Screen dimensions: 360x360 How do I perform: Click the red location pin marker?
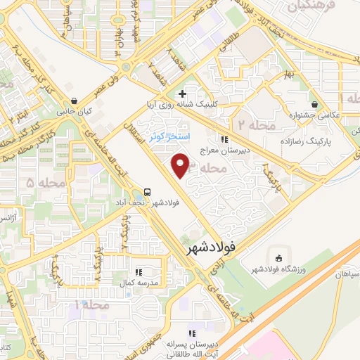pyautogui.click(x=181, y=165)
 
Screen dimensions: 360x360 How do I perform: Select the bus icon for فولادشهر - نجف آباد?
pyautogui.click(x=148, y=191)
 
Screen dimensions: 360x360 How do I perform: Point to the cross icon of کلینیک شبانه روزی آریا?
pyautogui.click(x=182, y=94)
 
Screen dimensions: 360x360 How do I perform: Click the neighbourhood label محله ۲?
pyautogui.click(x=247, y=124)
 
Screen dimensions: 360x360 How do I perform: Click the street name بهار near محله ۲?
pyautogui.click(x=288, y=74)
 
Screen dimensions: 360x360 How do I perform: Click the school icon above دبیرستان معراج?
pyautogui.click(x=225, y=139)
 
